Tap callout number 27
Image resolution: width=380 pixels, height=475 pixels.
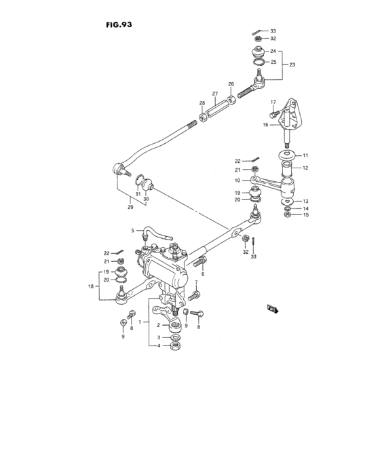pos(215,94)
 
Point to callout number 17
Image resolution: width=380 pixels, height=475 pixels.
pos(273,102)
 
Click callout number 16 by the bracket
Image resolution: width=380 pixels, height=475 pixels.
pos(266,125)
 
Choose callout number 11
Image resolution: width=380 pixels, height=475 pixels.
pos(305,155)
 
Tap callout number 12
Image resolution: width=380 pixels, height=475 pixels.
pos(305,168)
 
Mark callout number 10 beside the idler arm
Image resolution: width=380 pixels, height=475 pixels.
pos(238,180)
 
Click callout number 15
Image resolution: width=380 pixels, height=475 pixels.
pos(305,215)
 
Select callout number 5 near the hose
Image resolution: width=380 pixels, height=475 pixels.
pos(133,231)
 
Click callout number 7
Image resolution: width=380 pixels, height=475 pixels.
pos(196,282)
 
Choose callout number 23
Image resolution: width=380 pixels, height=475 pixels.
pos(292,64)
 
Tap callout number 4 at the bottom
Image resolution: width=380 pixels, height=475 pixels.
pos(159,345)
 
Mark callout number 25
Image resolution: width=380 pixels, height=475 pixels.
pos(273,62)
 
